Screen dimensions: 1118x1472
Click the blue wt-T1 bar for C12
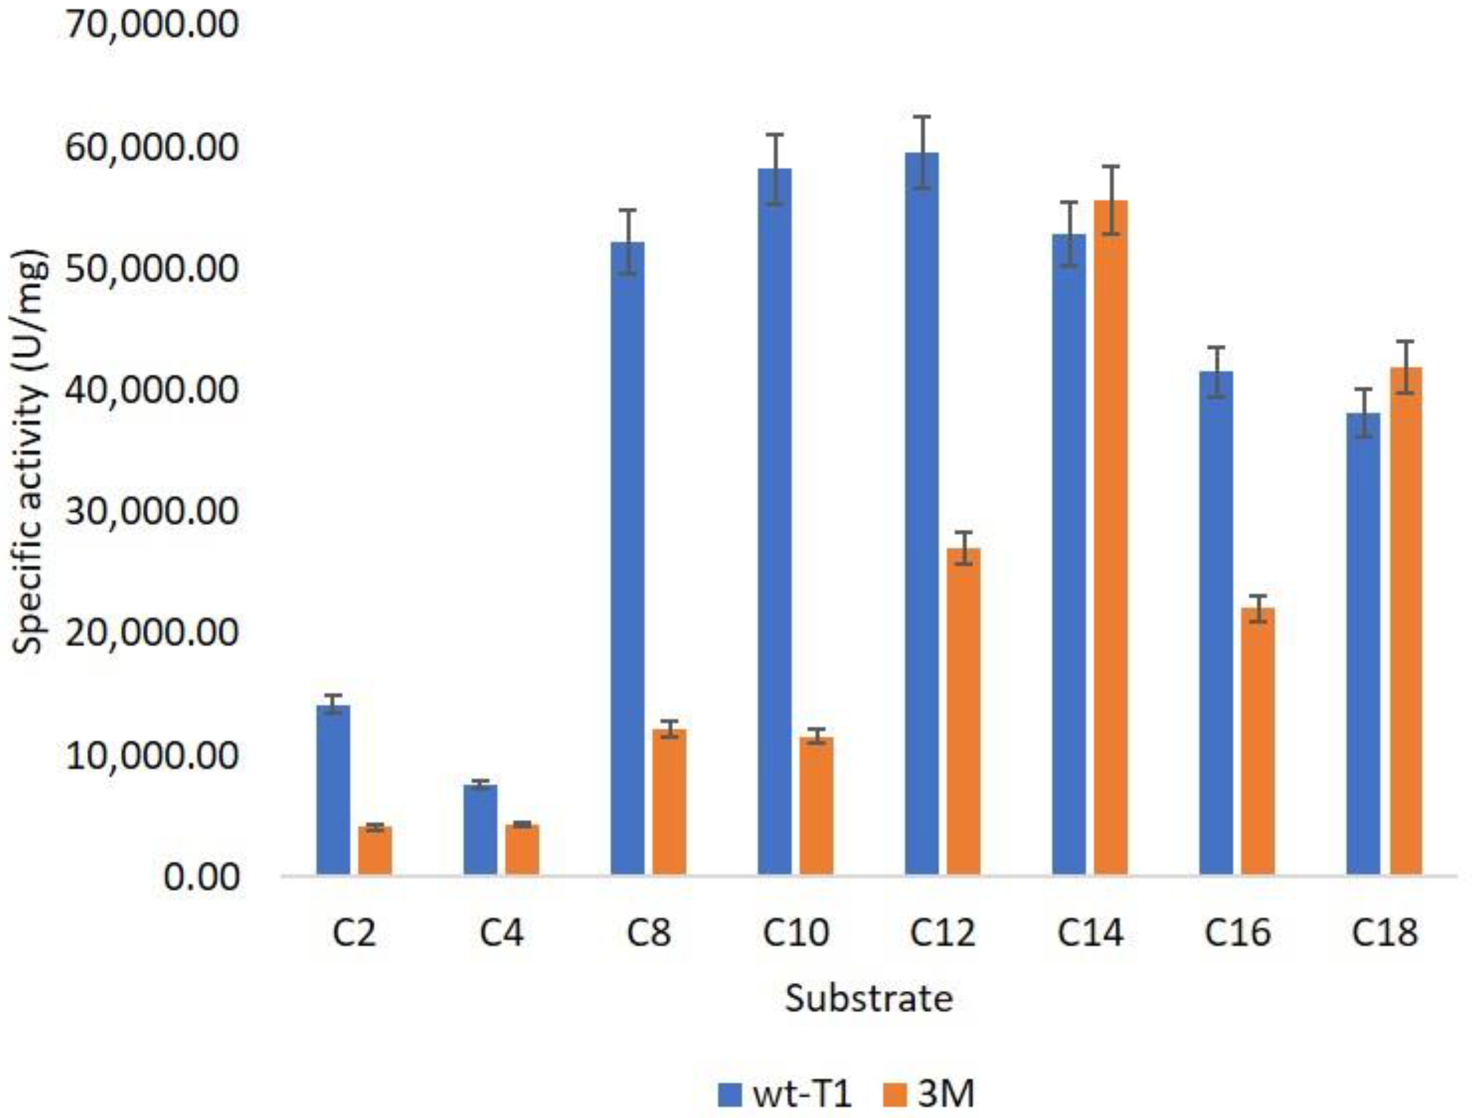(x=921, y=512)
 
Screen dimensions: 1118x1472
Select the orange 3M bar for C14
(x=1110, y=539)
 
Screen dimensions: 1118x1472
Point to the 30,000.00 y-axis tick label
(x=152, y=512)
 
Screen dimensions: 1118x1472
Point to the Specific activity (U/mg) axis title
(x=30, y=453)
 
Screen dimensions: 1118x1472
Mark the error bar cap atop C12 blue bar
(x=921, y=117)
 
